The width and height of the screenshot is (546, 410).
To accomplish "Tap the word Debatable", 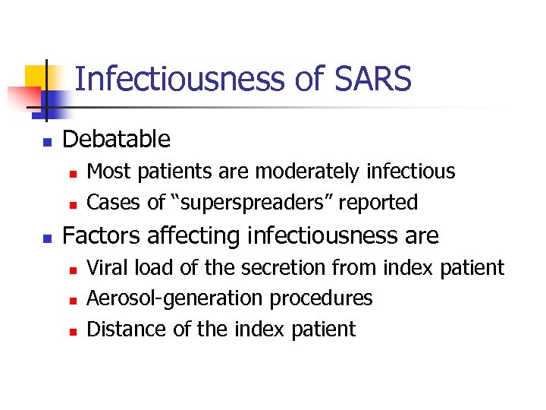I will point(116,139).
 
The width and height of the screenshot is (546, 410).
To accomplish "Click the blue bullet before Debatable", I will point(46,141).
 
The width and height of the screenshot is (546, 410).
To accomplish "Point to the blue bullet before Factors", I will point(46,238).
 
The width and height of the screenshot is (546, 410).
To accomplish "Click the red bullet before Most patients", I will point(72,174).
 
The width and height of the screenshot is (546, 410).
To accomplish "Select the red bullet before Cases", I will point(72,204).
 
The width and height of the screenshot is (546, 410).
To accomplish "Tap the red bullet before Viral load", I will point(72,270).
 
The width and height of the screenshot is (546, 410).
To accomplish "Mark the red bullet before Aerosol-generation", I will point(72,300).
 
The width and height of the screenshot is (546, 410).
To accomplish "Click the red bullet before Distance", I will point(72,330).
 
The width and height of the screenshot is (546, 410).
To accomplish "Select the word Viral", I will point(106,267).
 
